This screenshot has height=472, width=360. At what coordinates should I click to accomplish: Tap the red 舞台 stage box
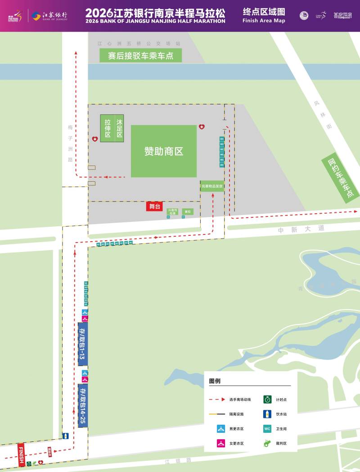154,206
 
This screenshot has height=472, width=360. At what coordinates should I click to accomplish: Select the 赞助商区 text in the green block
164,151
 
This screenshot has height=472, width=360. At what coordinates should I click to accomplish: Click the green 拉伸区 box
108,128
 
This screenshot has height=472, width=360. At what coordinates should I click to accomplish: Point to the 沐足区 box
119,128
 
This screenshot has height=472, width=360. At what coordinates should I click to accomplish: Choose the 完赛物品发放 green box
212,186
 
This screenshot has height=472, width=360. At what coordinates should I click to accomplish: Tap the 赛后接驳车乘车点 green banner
140,56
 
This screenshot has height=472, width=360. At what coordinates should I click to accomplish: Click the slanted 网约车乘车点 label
341,178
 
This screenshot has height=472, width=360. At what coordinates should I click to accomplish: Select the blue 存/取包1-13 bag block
82,344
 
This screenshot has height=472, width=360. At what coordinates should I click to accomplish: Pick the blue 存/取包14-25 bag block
82,405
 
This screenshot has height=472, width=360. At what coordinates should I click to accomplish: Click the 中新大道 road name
301,229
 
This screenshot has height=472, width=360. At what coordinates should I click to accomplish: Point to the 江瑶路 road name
178,461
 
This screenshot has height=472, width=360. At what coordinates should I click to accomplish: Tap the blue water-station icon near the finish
66,436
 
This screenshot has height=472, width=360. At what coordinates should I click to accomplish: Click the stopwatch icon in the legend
267,399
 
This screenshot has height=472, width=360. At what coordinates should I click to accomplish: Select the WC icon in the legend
267,429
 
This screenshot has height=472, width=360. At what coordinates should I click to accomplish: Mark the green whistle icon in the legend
267,443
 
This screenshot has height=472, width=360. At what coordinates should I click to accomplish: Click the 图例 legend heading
215,381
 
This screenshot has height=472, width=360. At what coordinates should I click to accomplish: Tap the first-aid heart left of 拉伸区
94,139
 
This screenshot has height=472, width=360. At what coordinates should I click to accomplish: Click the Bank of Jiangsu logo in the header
49,16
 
